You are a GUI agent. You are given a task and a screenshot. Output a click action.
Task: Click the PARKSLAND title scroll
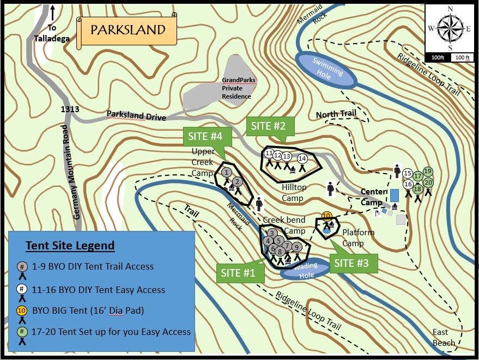pyautogui.click(x=128, y=30)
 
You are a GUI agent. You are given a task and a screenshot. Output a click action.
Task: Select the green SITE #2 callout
pyautogui.click(x=269, y=126)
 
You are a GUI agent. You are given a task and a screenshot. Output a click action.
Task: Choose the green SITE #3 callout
pyautogui.click(x=351, y=263)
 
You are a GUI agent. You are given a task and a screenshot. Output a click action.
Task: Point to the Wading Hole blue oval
pyautogui.click(x=307, y=271)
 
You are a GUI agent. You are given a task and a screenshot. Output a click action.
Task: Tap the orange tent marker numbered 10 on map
pyautogui.click(x=326, y=216)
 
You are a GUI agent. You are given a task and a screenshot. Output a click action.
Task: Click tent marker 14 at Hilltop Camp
pyautogui.click(x=302, y=159)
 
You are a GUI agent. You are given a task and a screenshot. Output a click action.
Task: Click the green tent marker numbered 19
pyautogui.click(x=428, y=172)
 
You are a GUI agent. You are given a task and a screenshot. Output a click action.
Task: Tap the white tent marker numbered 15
pyautogui.click(x=408, y=174)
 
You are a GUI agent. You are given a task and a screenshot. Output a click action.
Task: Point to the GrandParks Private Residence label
pyautogui.click(x=238, y=88)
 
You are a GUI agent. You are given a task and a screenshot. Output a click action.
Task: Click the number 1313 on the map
pyautogui.click(x=70, y=109)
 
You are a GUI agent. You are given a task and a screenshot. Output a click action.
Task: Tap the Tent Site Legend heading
pyautogui.click(x=70, y=246)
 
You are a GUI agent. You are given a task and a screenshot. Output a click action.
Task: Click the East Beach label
pyautogui.click(x=444, y=338)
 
